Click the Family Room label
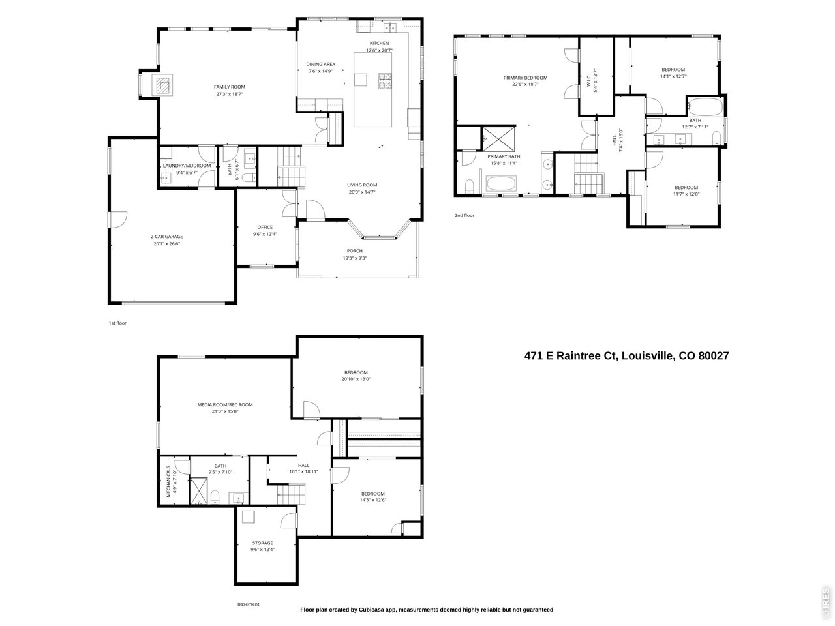point(230,87)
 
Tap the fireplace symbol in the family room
point(163,85)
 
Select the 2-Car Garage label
point(166,237)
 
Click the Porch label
point(354,251)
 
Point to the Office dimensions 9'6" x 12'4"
point(265,234)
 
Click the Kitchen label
point(379,43)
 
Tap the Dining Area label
point(320,64)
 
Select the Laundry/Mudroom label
point(187,166)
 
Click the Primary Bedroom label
point(525,78)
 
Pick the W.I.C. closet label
point(588,79)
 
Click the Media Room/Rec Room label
point(225,404)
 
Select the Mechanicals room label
point(168,481)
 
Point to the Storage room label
point(262,543)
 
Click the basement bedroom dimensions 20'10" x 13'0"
point(356,379)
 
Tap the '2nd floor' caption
point(464,215)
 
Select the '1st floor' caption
point(117,323)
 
